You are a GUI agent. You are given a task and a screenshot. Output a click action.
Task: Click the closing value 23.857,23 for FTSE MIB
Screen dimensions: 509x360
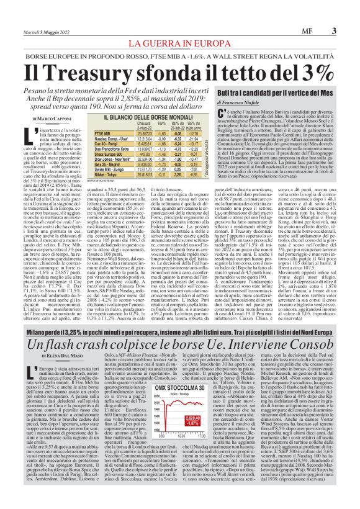click(x=144, y=133)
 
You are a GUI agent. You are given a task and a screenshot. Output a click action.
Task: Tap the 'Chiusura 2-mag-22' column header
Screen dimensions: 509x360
click(x=144, y=125)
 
